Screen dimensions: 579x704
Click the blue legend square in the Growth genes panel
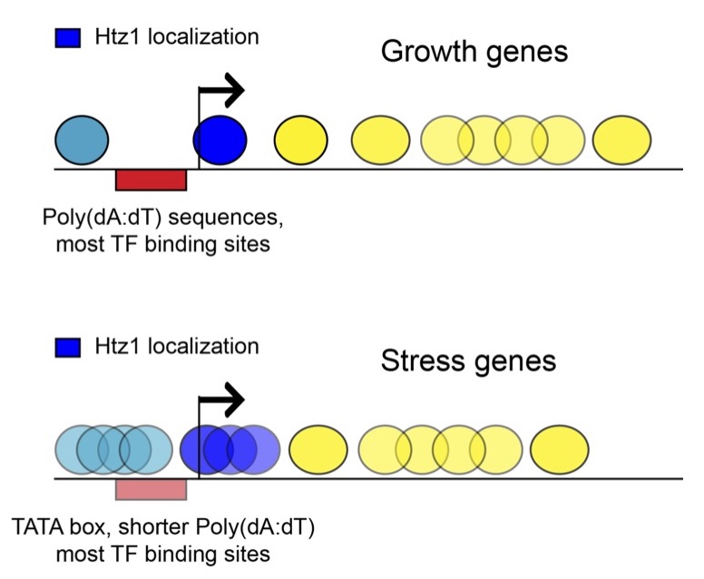coord(69,38)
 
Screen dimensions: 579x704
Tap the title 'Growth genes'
coord(474,52)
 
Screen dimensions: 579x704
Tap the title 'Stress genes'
coord(468,361)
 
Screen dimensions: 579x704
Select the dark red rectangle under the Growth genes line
coord(151,180)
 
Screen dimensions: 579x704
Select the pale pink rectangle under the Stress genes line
coord(151,489)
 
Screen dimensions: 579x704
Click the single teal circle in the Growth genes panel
coord(82,141)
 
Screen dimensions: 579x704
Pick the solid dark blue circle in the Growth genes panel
coord(220,141)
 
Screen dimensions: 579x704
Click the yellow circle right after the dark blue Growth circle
coord(301,141)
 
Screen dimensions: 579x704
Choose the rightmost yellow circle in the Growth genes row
coord(621,141)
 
